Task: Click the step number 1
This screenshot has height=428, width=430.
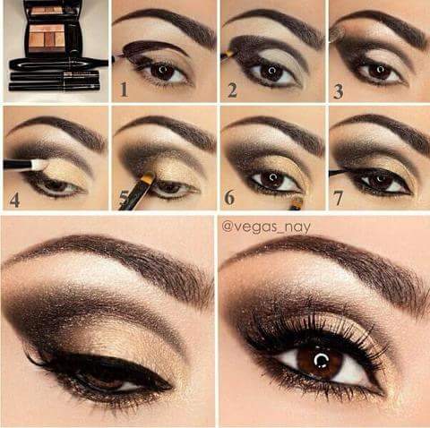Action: (x=123, y=90)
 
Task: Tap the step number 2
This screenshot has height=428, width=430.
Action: (x=231, y=90)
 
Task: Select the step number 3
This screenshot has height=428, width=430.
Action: (x=340, y=90)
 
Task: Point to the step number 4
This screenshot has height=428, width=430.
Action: (x=13, y=198)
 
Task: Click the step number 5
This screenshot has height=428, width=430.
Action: (x=123, y=198)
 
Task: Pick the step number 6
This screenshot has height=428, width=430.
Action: (x=230, y=198)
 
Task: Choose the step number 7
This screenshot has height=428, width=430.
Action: (x=340, y=198)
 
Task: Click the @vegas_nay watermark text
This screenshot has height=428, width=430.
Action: (x=267, y=227)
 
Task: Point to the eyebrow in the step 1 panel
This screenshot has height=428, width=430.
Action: (x=166, y=23)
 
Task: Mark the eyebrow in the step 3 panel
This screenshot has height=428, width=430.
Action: (x=381, y=23)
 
